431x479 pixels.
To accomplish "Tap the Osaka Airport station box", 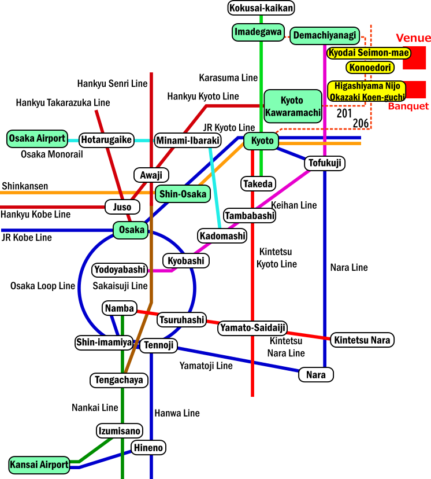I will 37,139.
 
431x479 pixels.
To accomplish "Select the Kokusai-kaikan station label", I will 261,8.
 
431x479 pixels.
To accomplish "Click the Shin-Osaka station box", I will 183,194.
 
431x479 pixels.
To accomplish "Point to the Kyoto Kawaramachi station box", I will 292,106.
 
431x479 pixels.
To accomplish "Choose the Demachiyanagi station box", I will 325,36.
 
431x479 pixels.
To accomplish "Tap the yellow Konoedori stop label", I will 370,68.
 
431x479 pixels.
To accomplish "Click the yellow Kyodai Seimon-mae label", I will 369,53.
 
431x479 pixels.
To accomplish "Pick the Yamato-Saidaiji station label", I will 252,328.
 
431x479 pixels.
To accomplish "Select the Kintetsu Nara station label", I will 362,340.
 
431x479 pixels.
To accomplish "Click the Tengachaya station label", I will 119,380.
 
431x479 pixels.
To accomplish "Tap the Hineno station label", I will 148,447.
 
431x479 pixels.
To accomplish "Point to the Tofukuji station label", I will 325,163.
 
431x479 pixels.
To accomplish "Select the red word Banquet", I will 408,106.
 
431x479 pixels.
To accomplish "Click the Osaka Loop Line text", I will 43,286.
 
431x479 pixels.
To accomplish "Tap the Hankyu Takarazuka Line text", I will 63,103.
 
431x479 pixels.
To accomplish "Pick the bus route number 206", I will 361,123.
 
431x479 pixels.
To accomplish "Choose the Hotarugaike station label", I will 107,139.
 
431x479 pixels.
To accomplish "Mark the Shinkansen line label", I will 25,186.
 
